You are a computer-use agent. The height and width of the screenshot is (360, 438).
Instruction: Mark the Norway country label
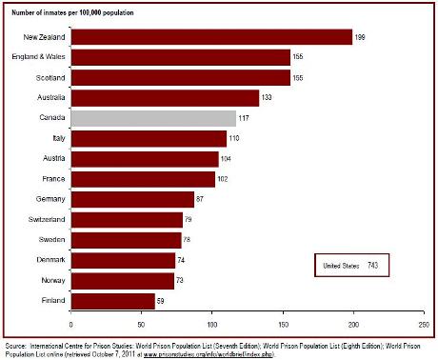coord(51,280)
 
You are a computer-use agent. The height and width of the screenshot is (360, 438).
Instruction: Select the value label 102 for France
coord(224,178)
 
